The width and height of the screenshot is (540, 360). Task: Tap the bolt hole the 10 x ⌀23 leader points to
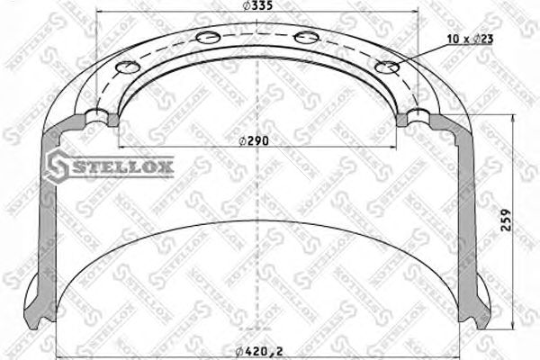click(x=388, y=67)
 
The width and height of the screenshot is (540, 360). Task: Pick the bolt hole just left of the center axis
click(x=206, y=37)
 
